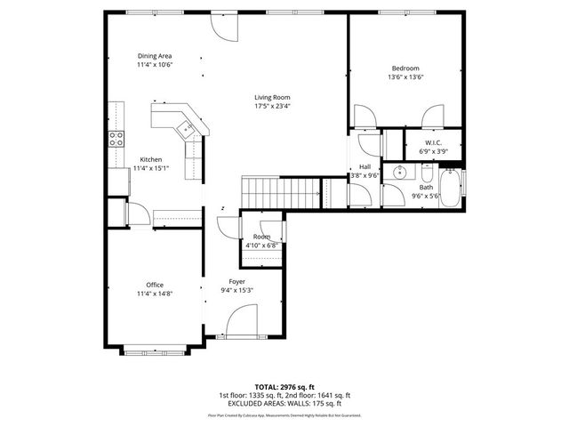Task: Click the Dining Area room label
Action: coord(154,55)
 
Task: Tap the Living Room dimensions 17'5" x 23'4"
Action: coord(272,106)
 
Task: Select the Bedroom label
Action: coord(405,68)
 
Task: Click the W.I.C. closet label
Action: coord(433,142)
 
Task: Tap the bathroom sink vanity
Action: coord(399,172)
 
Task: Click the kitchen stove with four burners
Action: coord(116,138)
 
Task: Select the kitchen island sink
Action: coord(188,129)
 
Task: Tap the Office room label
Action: coord(154,285)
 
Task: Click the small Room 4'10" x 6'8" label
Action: coord(261,241)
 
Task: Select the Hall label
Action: coord(365,166)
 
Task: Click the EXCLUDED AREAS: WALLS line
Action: coord(284,403)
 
